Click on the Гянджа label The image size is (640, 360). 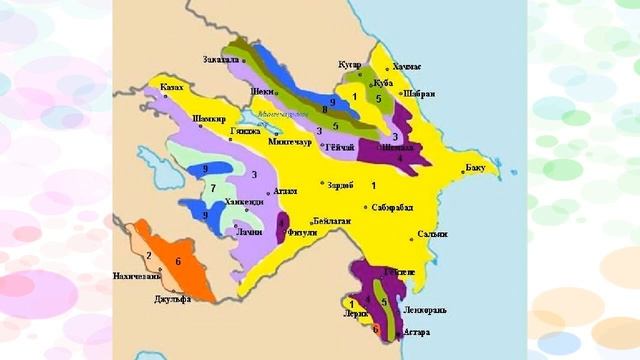pyautogui.click(x=245, y=131)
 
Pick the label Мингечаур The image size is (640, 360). pyautogui.click(x=292, y=142)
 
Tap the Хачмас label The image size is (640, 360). pyautogui.click(x=406, y=66)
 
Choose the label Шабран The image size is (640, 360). pyautogui.click(x=419, y=94)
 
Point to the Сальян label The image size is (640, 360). pyautogui.click(x=433, y=234)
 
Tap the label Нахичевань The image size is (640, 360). pyautogui.click(x=138, y=275)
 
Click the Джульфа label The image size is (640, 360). pyautogui.click(x=173, y=299)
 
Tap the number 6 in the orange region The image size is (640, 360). pyautogui.click(x=178, y=261)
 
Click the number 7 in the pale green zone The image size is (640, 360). pyautogui.click(x=213, y=188)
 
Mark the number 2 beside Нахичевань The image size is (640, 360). pyautogui.click(x=149, y=256)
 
